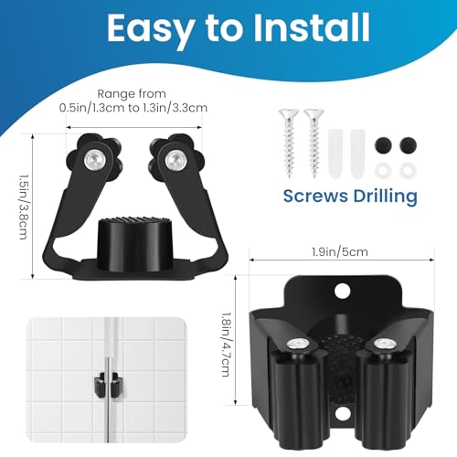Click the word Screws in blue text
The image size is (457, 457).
coord(315,196)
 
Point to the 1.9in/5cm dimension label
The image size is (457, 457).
coord(340,252)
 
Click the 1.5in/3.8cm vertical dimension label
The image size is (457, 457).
coord(24,207)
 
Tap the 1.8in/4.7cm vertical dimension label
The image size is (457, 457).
coord(226,345)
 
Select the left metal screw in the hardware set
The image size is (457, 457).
coord(288,143)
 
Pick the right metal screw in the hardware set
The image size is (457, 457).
coord(314,143)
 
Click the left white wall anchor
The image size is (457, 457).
coord(335,154)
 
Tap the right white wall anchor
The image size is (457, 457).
coord(357,154)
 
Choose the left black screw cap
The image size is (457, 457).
coord(383,145)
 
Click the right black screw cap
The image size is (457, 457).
coord(408,145)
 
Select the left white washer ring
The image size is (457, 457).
coord(383,171)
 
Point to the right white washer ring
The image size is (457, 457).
coord(408,171)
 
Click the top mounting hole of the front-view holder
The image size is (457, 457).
coord(342,291)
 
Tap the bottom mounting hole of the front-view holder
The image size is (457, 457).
coord(342,413)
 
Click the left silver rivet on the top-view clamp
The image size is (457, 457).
coord(93,159)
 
